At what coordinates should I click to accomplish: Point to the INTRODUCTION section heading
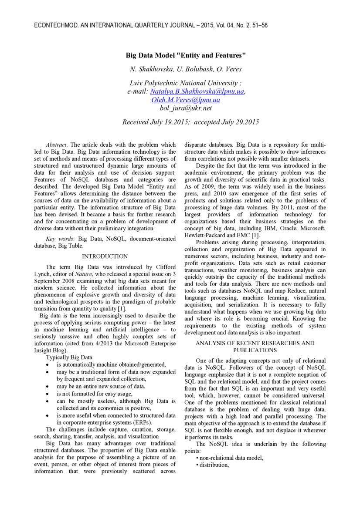105,256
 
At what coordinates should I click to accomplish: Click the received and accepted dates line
190,122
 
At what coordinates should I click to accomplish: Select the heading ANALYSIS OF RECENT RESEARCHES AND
255,343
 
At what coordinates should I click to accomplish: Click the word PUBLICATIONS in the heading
255,350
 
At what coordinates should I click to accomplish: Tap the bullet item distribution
214,465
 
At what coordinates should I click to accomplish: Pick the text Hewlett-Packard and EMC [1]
222,235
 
